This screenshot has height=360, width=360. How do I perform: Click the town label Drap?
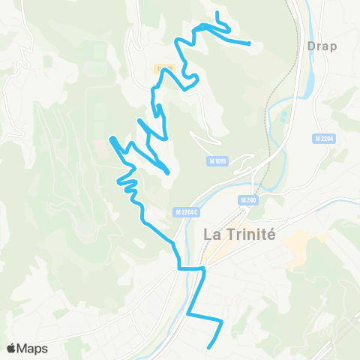point(322,46)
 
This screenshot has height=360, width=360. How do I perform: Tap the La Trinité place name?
point(239,233)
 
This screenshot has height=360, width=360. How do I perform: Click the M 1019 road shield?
point(217,161)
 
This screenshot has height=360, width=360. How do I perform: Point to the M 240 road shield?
point(249,200)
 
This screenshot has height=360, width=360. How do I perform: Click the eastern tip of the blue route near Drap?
point(249,43)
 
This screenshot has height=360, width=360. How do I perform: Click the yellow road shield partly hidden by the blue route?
point(165,69)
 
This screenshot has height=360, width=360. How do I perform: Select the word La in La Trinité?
point(211,233)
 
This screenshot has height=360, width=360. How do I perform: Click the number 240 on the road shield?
point(252,200)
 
